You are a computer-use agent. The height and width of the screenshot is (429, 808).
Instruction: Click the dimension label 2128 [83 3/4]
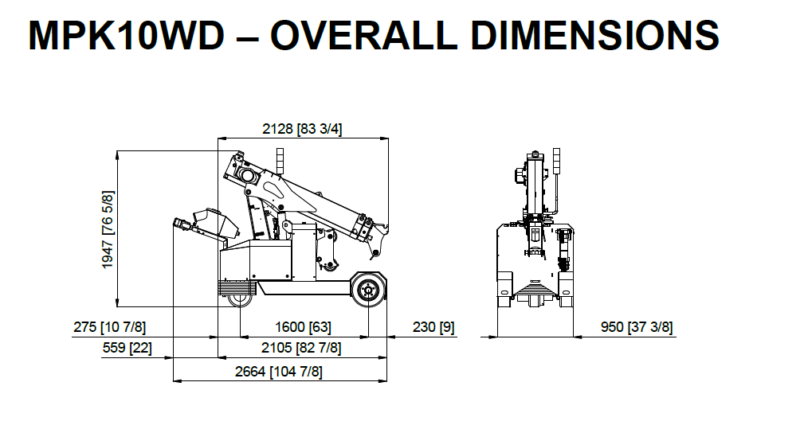[302, 128]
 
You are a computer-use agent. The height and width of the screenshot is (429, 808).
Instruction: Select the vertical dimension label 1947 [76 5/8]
[108, 229]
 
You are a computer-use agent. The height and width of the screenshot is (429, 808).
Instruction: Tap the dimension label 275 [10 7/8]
[109, 327]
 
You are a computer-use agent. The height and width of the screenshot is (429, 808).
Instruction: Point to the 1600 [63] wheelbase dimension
[303, 327]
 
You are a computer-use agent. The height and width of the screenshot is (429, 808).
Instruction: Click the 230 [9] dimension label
[433, 327]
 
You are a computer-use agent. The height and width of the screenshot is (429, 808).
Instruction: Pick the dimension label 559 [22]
[127, 348]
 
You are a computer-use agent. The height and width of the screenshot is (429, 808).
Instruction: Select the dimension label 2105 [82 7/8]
[301, 348]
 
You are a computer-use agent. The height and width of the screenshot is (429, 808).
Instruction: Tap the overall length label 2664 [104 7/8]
[278, 372]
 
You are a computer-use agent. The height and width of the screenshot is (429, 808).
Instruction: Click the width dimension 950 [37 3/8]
[637, 327]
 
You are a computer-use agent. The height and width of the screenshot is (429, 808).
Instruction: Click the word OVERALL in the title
[364, 35]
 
